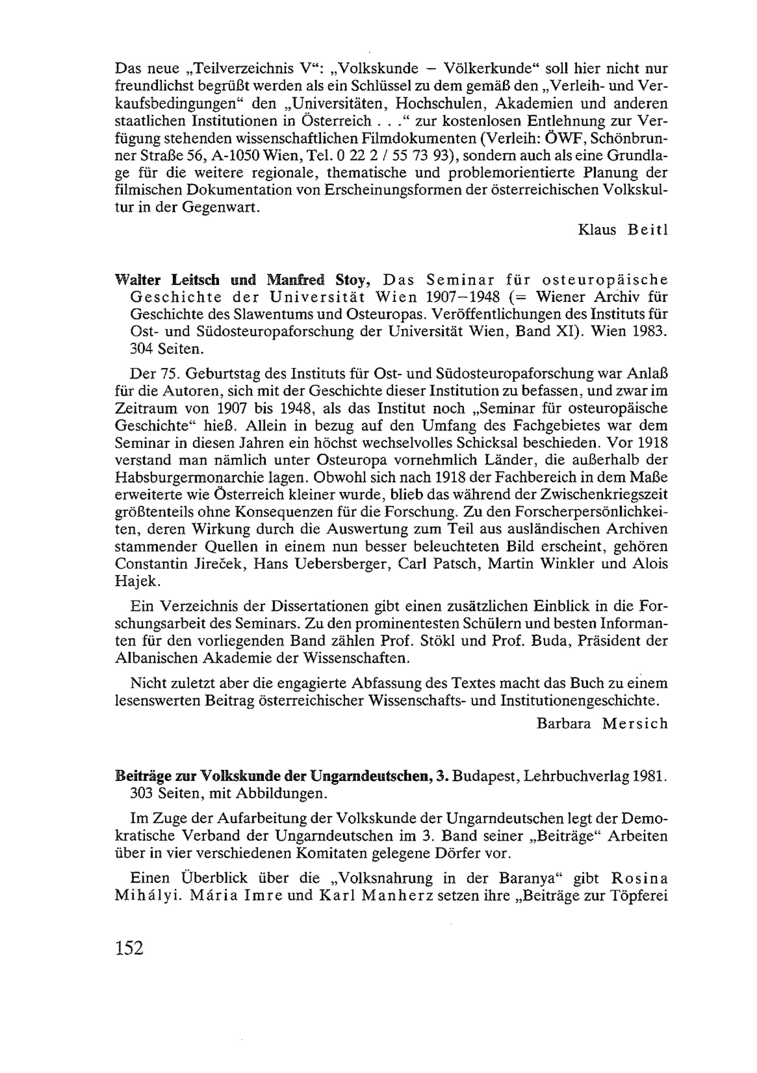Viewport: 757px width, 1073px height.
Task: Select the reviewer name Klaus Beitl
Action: (x=623, y=230)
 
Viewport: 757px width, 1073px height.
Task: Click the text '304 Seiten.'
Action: (x=167, y=349)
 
